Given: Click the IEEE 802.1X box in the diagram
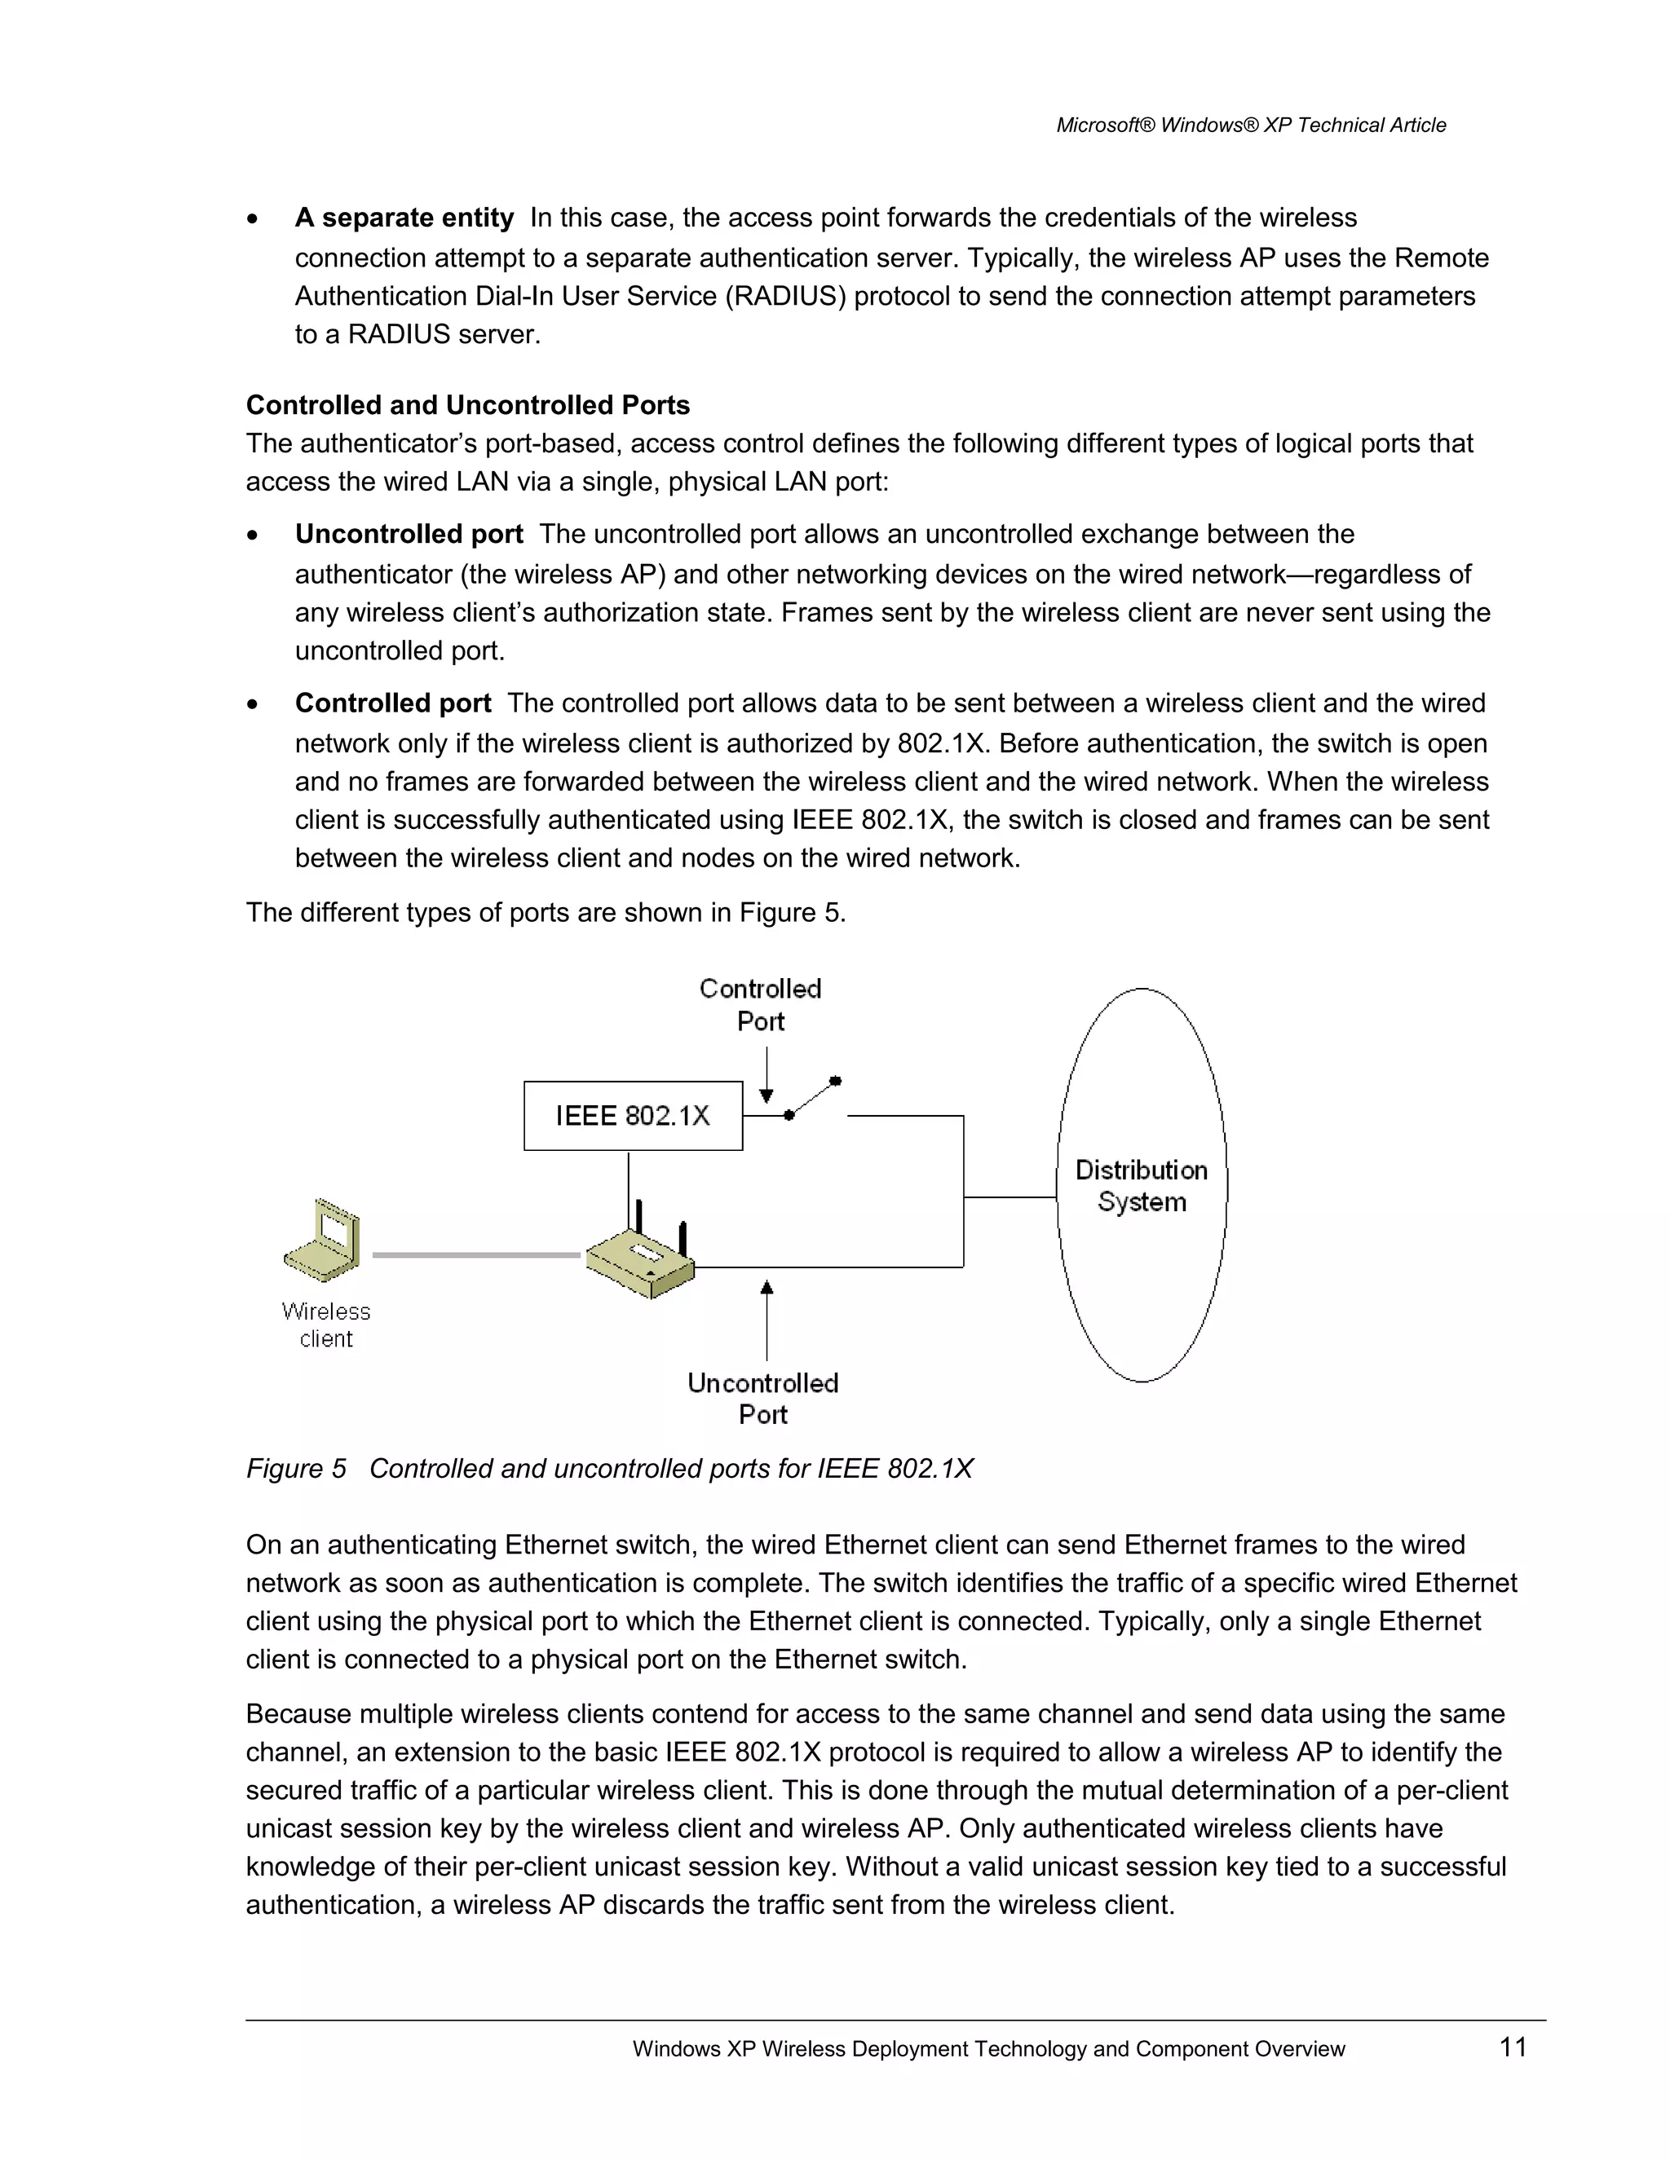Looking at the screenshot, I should click(x=632, y=1116).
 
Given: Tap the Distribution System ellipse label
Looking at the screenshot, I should click(x=1141, y=1186).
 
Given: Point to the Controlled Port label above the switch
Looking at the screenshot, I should click(x=760, y=1005).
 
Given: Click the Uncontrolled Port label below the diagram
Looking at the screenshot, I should click(x=762, y=1399).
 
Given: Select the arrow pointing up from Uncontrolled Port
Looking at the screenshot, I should click(x=767, y=1320).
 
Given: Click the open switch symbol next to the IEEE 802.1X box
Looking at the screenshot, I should click(x=813, y=1098).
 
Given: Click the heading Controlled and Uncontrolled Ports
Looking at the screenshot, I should click(x=467, y=405).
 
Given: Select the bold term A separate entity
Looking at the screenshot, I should click(x=404, y=218).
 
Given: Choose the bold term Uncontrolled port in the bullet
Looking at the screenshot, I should click(x=409, y=534).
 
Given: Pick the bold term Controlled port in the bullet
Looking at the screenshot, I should click(x=393, y=703).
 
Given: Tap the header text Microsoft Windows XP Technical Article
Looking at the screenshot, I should click(x=1251, y=126).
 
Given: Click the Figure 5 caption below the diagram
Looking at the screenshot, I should click(x=609, y=1469).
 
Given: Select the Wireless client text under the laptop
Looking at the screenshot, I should click(x=325, y=1325).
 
